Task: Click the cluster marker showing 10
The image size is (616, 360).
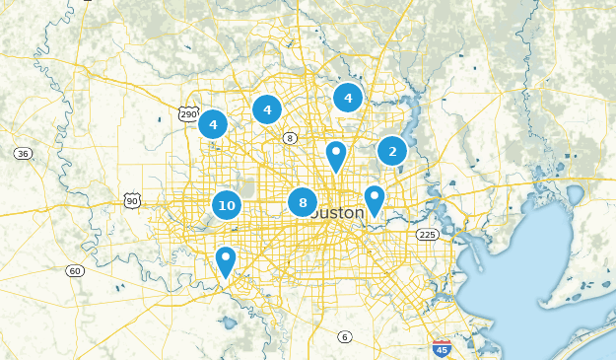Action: point(227,205)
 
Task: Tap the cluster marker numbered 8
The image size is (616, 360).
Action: point(303,202)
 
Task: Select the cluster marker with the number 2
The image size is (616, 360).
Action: point(392,151)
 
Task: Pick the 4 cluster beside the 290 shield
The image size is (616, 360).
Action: point(213,124)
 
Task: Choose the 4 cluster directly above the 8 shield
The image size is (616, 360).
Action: point(267,108)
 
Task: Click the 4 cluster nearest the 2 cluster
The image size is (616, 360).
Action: point(347,97)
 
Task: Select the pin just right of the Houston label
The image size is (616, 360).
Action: point(375,200)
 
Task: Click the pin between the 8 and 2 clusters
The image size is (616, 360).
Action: point(336,156)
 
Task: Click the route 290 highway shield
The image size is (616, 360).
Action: point(188,114)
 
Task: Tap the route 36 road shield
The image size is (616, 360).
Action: point(23,153)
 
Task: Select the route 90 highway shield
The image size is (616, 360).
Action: point(132,200)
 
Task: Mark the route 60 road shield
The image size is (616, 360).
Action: point(75,270)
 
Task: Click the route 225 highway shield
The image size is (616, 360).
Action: point(427,234)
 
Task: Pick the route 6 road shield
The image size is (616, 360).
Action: point(344,337)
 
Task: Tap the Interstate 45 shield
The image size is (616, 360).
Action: point(443,348)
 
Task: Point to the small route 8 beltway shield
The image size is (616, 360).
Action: point(290,137)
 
